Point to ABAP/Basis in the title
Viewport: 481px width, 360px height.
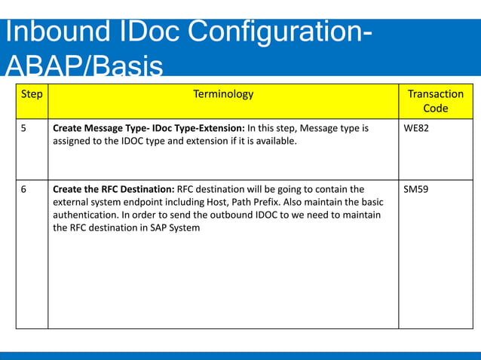pyautogui.click(x=83, y=66)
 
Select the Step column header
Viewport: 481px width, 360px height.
pyautogui.click(x=32, y=95)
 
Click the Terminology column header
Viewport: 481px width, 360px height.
pyautogui.click(x=223, y=95)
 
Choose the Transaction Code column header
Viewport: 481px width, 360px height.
pyautogui.click(x=435, y=101)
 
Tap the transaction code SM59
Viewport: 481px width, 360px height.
pyautogui.click(x=416, y=189)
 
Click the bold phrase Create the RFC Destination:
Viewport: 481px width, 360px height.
pyautogui.click(x=113, y=189)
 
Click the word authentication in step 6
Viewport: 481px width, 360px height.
pyautogui.click(x=87, y=215)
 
